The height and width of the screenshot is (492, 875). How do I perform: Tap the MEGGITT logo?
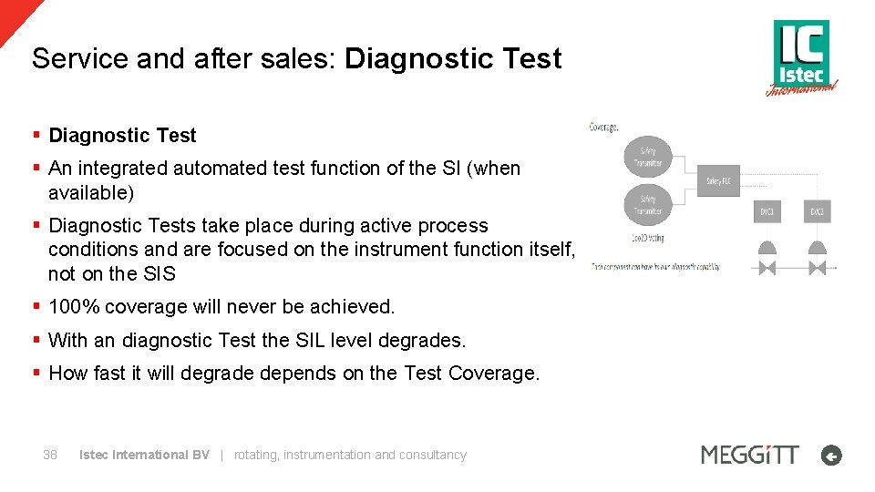click(x=749, y=454)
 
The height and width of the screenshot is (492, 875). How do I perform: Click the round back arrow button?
click(x=830, y=456)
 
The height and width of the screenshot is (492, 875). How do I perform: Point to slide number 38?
click(x=50, y=455)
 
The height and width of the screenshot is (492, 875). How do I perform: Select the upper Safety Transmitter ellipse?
click(x=648, y=156)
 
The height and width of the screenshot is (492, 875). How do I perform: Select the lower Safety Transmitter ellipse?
click(x=648, y=204)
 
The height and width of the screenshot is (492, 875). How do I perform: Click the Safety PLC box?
click(x=717, y=181)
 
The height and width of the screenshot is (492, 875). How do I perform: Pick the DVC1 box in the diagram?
click(x=767, y=211)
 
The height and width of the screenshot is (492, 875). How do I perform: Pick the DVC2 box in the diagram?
click(x=818, y=211)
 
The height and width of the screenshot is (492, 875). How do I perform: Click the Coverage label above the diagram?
click(x=603, y=127)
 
